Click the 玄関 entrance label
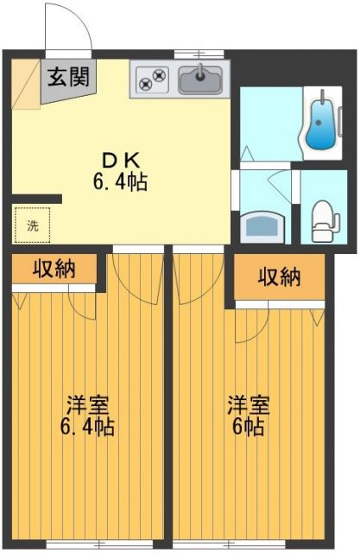pyautogui.click(x=68, y=78)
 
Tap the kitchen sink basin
pyautogui.click(x=200, y=80)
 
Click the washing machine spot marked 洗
pyautogui.click(x=32, y=226)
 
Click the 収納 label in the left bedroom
pyautogui.click(x=54, y=270)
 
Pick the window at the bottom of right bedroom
pyautogui.click(x=250, y=545)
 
